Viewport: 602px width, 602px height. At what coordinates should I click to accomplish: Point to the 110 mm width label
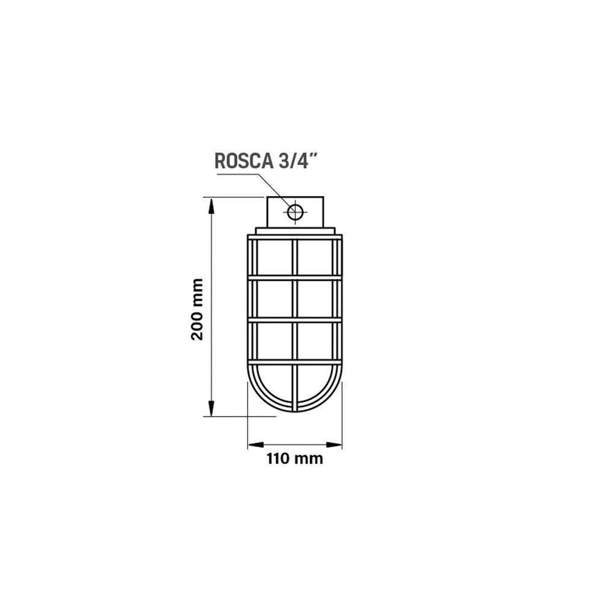point(294,459)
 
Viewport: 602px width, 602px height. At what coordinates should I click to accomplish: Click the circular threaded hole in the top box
point(296,212)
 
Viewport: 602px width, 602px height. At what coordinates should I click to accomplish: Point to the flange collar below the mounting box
point(295,231)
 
